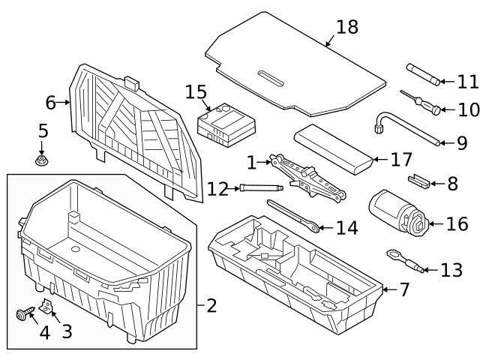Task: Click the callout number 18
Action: (347, 27)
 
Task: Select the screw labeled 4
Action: (23, 313)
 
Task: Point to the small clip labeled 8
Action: (420, 181)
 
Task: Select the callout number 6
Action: (50, 102)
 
